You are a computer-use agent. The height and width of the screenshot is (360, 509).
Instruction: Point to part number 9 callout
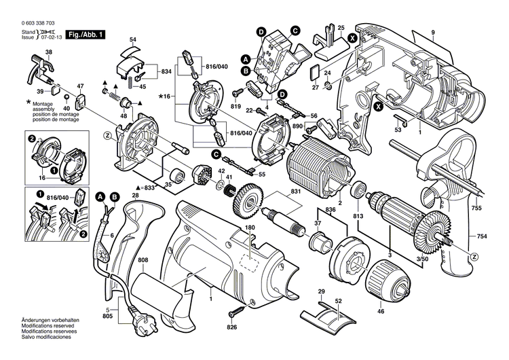432,33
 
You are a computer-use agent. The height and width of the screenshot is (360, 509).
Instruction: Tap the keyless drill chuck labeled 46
383,281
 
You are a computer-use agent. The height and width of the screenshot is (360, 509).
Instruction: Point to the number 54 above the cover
132,40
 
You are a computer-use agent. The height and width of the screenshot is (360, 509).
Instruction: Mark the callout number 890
297,126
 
